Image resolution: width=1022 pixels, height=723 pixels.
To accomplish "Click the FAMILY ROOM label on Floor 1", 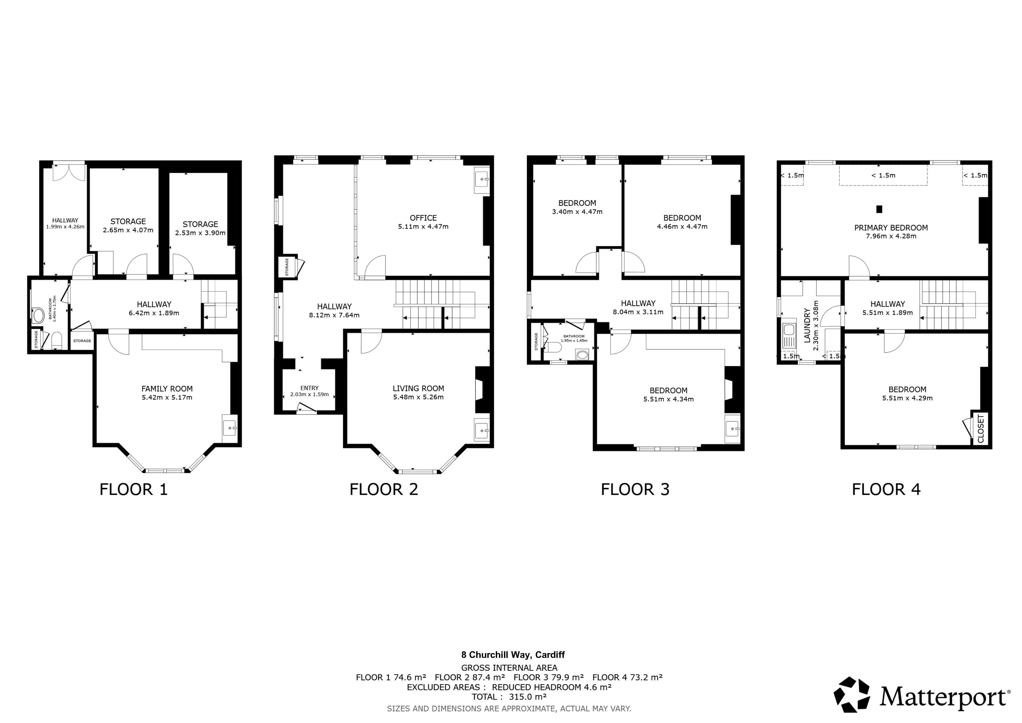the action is click(x=167, y=389).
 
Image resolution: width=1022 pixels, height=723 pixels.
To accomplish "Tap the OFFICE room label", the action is click(x=423, y=218).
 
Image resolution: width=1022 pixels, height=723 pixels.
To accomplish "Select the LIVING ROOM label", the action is click(x=418, y=388).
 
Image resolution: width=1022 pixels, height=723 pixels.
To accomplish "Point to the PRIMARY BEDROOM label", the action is click(x=891, y=227).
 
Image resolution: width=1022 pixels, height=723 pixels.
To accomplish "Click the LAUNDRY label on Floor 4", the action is click(x=807, y=325).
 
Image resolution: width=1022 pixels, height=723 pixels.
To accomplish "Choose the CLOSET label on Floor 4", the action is click(x=981, y=429).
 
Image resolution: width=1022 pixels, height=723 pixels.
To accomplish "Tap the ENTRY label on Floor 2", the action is click(x=309, y=388).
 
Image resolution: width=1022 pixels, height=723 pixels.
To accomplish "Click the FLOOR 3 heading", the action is click(x=635, y=489).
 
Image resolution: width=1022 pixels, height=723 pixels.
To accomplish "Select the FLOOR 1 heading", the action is click(x=133, y=489).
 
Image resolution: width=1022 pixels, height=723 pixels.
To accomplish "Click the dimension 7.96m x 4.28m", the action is click(x=891, y=236).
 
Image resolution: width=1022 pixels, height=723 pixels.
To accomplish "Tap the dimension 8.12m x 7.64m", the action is click(x=334, y=315).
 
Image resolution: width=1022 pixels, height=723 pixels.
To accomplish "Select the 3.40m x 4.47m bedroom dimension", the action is click(x=577, y=212).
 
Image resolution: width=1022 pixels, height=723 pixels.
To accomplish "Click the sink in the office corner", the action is click(x=482, y=179).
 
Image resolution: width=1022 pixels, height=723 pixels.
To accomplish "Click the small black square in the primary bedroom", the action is click(x=879, y=209).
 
